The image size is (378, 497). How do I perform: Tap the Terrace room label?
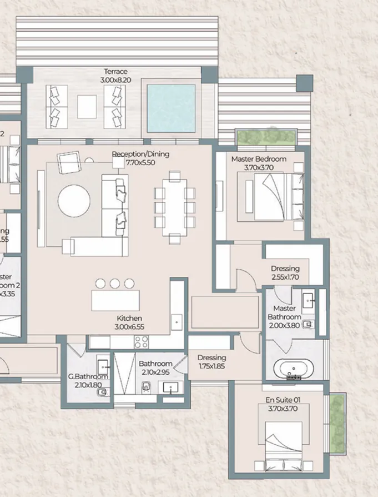point(115,72)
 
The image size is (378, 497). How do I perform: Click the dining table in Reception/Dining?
point(175,207)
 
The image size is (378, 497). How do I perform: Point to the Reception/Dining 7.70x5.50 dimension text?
point(140,163)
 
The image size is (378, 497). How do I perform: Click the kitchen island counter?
point(115,301)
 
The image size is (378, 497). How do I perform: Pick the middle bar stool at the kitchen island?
point(115,284)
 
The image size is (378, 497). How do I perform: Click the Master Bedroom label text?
point(259,159)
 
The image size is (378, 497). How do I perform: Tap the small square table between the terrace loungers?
point(87,107)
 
